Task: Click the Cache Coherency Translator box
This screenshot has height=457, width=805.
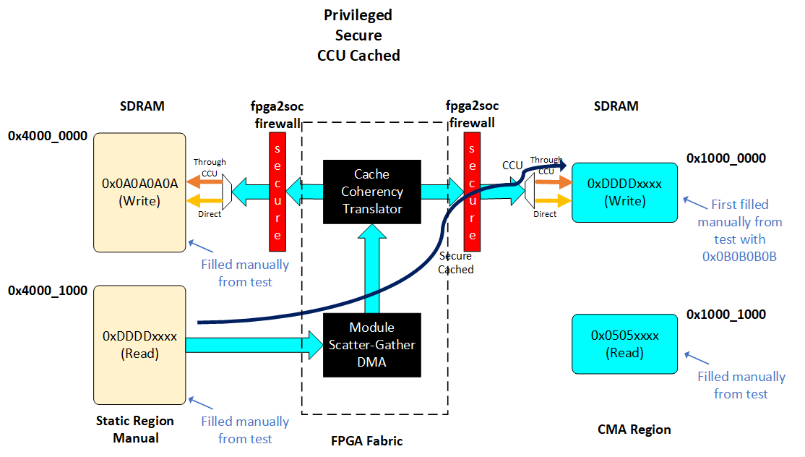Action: tap(372, 192)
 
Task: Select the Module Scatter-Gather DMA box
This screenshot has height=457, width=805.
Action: tap(372, 345)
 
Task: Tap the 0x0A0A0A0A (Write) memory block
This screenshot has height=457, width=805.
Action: tap(140, 192)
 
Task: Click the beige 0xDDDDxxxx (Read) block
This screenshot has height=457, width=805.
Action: tap(140, 345)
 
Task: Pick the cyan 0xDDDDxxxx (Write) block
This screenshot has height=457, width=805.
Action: tap(624, 192)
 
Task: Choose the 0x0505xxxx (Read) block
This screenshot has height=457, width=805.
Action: tap(624, 344)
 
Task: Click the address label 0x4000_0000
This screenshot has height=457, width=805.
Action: tap(48, 135)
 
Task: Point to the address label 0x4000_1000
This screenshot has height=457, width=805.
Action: tap(48, 291)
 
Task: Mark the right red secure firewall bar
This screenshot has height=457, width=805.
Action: tap(473, 191)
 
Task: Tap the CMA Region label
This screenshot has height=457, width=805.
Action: tap(634, 430)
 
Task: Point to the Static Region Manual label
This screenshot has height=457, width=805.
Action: tap(135, 429)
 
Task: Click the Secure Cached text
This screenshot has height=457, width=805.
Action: tap(455, 262)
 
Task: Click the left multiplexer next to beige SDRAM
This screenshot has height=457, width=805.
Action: tap(225, 189)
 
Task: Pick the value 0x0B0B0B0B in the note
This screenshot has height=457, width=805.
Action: tap(739, 256)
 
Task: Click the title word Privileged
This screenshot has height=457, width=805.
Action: tap(358, 15)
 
